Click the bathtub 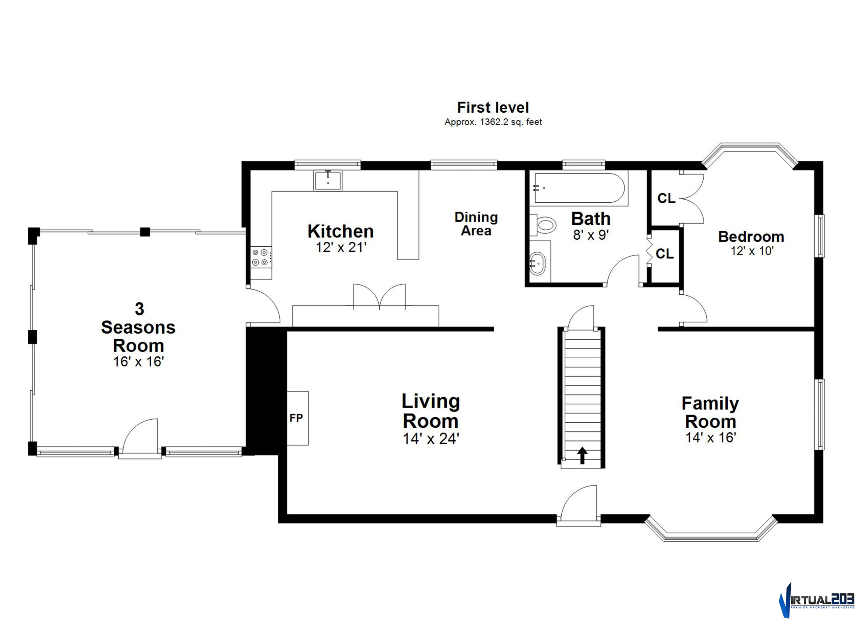click(579, 188)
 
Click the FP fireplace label click(296, 418)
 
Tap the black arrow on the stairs click(582, 455)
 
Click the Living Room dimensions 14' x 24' click(431, 439)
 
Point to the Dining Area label click(476, 224)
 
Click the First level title click(493, 107)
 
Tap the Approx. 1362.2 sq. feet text click(493, 122)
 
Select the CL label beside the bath click(665, 253)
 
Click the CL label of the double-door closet click(666, 198)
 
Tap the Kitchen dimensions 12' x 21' click(341, 247)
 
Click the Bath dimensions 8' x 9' click(591, 235)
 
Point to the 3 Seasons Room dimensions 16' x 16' click(139, 362)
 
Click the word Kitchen click(341, 231)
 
